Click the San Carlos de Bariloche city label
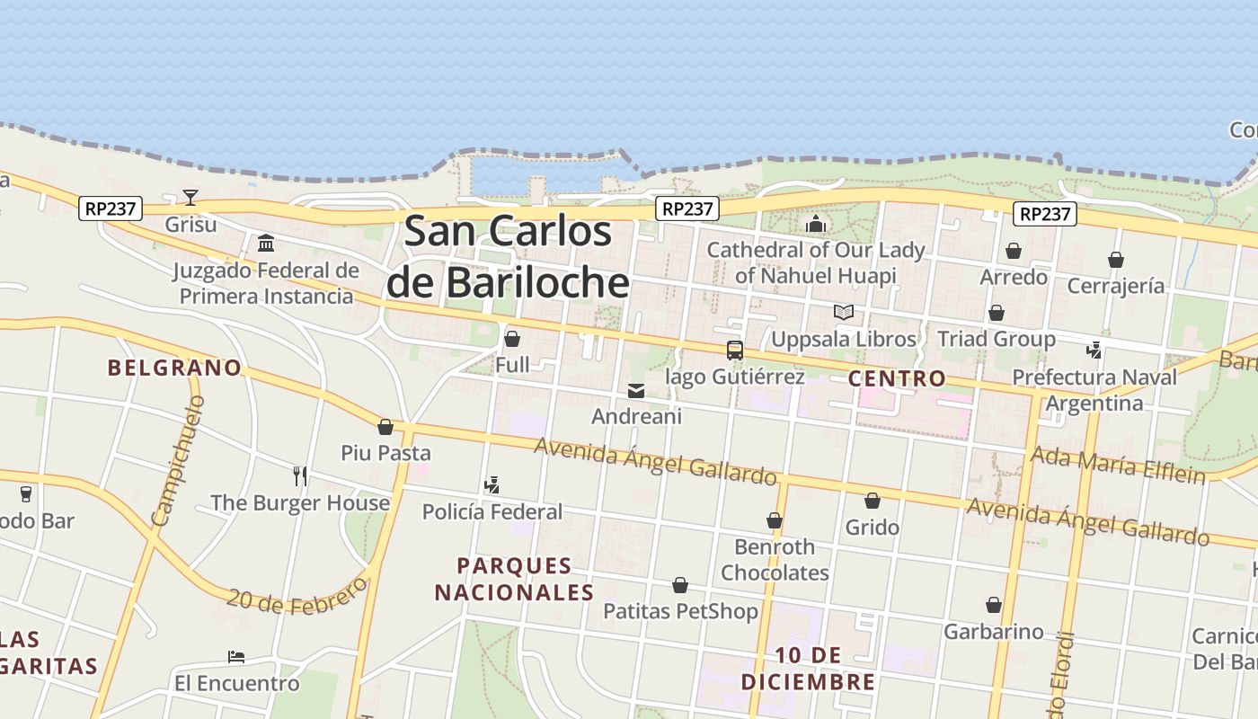pyautogui.click(x=509, y=257)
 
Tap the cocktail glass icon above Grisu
pyautogui.click(x=190, y=197)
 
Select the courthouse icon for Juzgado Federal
pyautogui.click(x=266, y=244)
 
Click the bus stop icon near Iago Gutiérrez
pyautogui.click(x=735, y=351)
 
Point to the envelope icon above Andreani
pyautogui.click(x=636, y=391)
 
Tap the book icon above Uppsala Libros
pyautogui.click(x=843, y=313)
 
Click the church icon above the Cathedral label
pyautogui.click(x=816, y=224)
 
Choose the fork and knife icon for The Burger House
pyautogui.click(x=300, y=475)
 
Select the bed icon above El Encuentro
pyautogui.click(x=236, y=657)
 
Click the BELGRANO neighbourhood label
pyautogui.click(x=175, y=368)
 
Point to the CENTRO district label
pyautogui.click(x=897, y=378)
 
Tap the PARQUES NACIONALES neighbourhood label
pyautogui.click(x=514, y=579)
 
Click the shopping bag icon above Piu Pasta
pyautogui.click(x=385, y=427)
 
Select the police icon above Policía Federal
pyautogui.click(x=492, y=485)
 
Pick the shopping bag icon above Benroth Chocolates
pyautogui.click(x=775, y=520)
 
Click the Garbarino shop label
pyautogui.click(x=993, y=632)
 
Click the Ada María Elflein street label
pyautogui.click(x=1118, y=464)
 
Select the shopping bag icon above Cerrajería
pyautogui.click(x=1115, y=260)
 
